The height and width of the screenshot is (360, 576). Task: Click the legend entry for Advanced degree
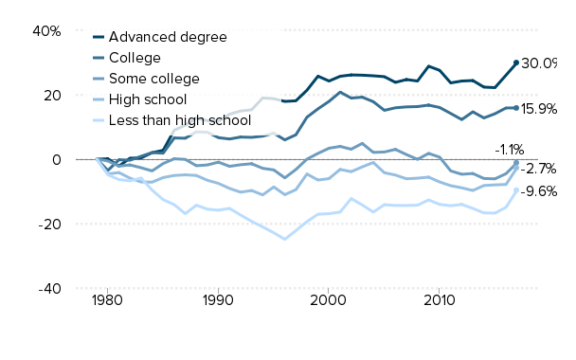[x=168, y=37]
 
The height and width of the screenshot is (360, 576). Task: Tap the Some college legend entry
[x=154, y=78]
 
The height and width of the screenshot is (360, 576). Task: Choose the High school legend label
[x=149, y=99]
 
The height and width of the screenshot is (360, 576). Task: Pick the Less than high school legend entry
[x=179, y=119]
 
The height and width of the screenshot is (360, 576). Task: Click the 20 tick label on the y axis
[x=51, y=95]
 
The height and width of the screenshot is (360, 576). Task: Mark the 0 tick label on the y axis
[x=56, y=159]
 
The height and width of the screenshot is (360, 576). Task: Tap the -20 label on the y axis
[x=49, y=224]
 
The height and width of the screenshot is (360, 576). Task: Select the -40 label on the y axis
[x=49, y=288]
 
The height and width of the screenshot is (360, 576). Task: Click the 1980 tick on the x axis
[x=107, y=300]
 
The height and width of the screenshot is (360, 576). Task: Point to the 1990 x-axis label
[x=218, y=300]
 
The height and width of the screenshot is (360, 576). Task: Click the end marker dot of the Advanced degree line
[x=516, y=63]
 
